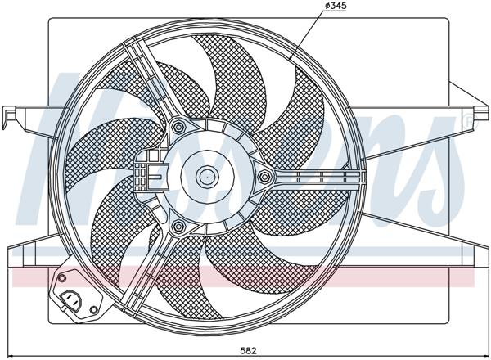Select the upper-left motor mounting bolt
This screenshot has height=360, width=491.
pos(178,126)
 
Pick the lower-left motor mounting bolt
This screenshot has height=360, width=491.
pos(178,225)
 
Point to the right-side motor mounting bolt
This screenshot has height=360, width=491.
pos(264,176)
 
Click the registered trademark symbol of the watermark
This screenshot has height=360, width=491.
pos(467,119)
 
